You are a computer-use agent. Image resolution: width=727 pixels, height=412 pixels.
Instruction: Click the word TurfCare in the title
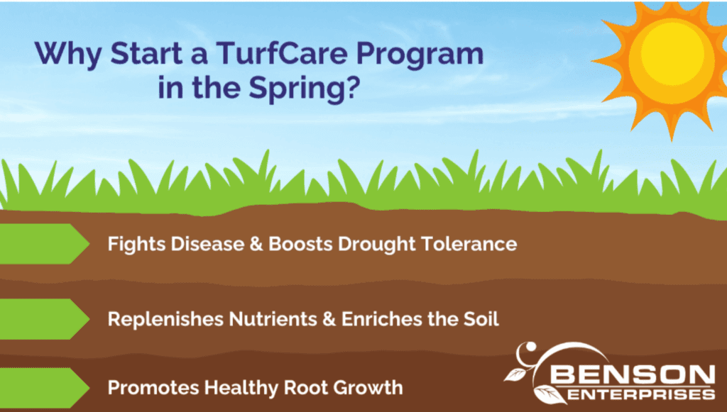281,53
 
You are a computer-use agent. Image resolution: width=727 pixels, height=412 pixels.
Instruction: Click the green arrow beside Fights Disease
44,244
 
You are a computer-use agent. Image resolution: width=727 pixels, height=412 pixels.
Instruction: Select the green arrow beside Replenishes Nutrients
44,319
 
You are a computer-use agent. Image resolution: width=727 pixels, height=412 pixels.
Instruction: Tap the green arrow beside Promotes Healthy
44,387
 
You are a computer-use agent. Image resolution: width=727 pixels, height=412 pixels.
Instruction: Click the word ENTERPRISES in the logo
641,394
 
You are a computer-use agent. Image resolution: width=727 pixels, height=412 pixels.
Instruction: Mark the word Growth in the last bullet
368,387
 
